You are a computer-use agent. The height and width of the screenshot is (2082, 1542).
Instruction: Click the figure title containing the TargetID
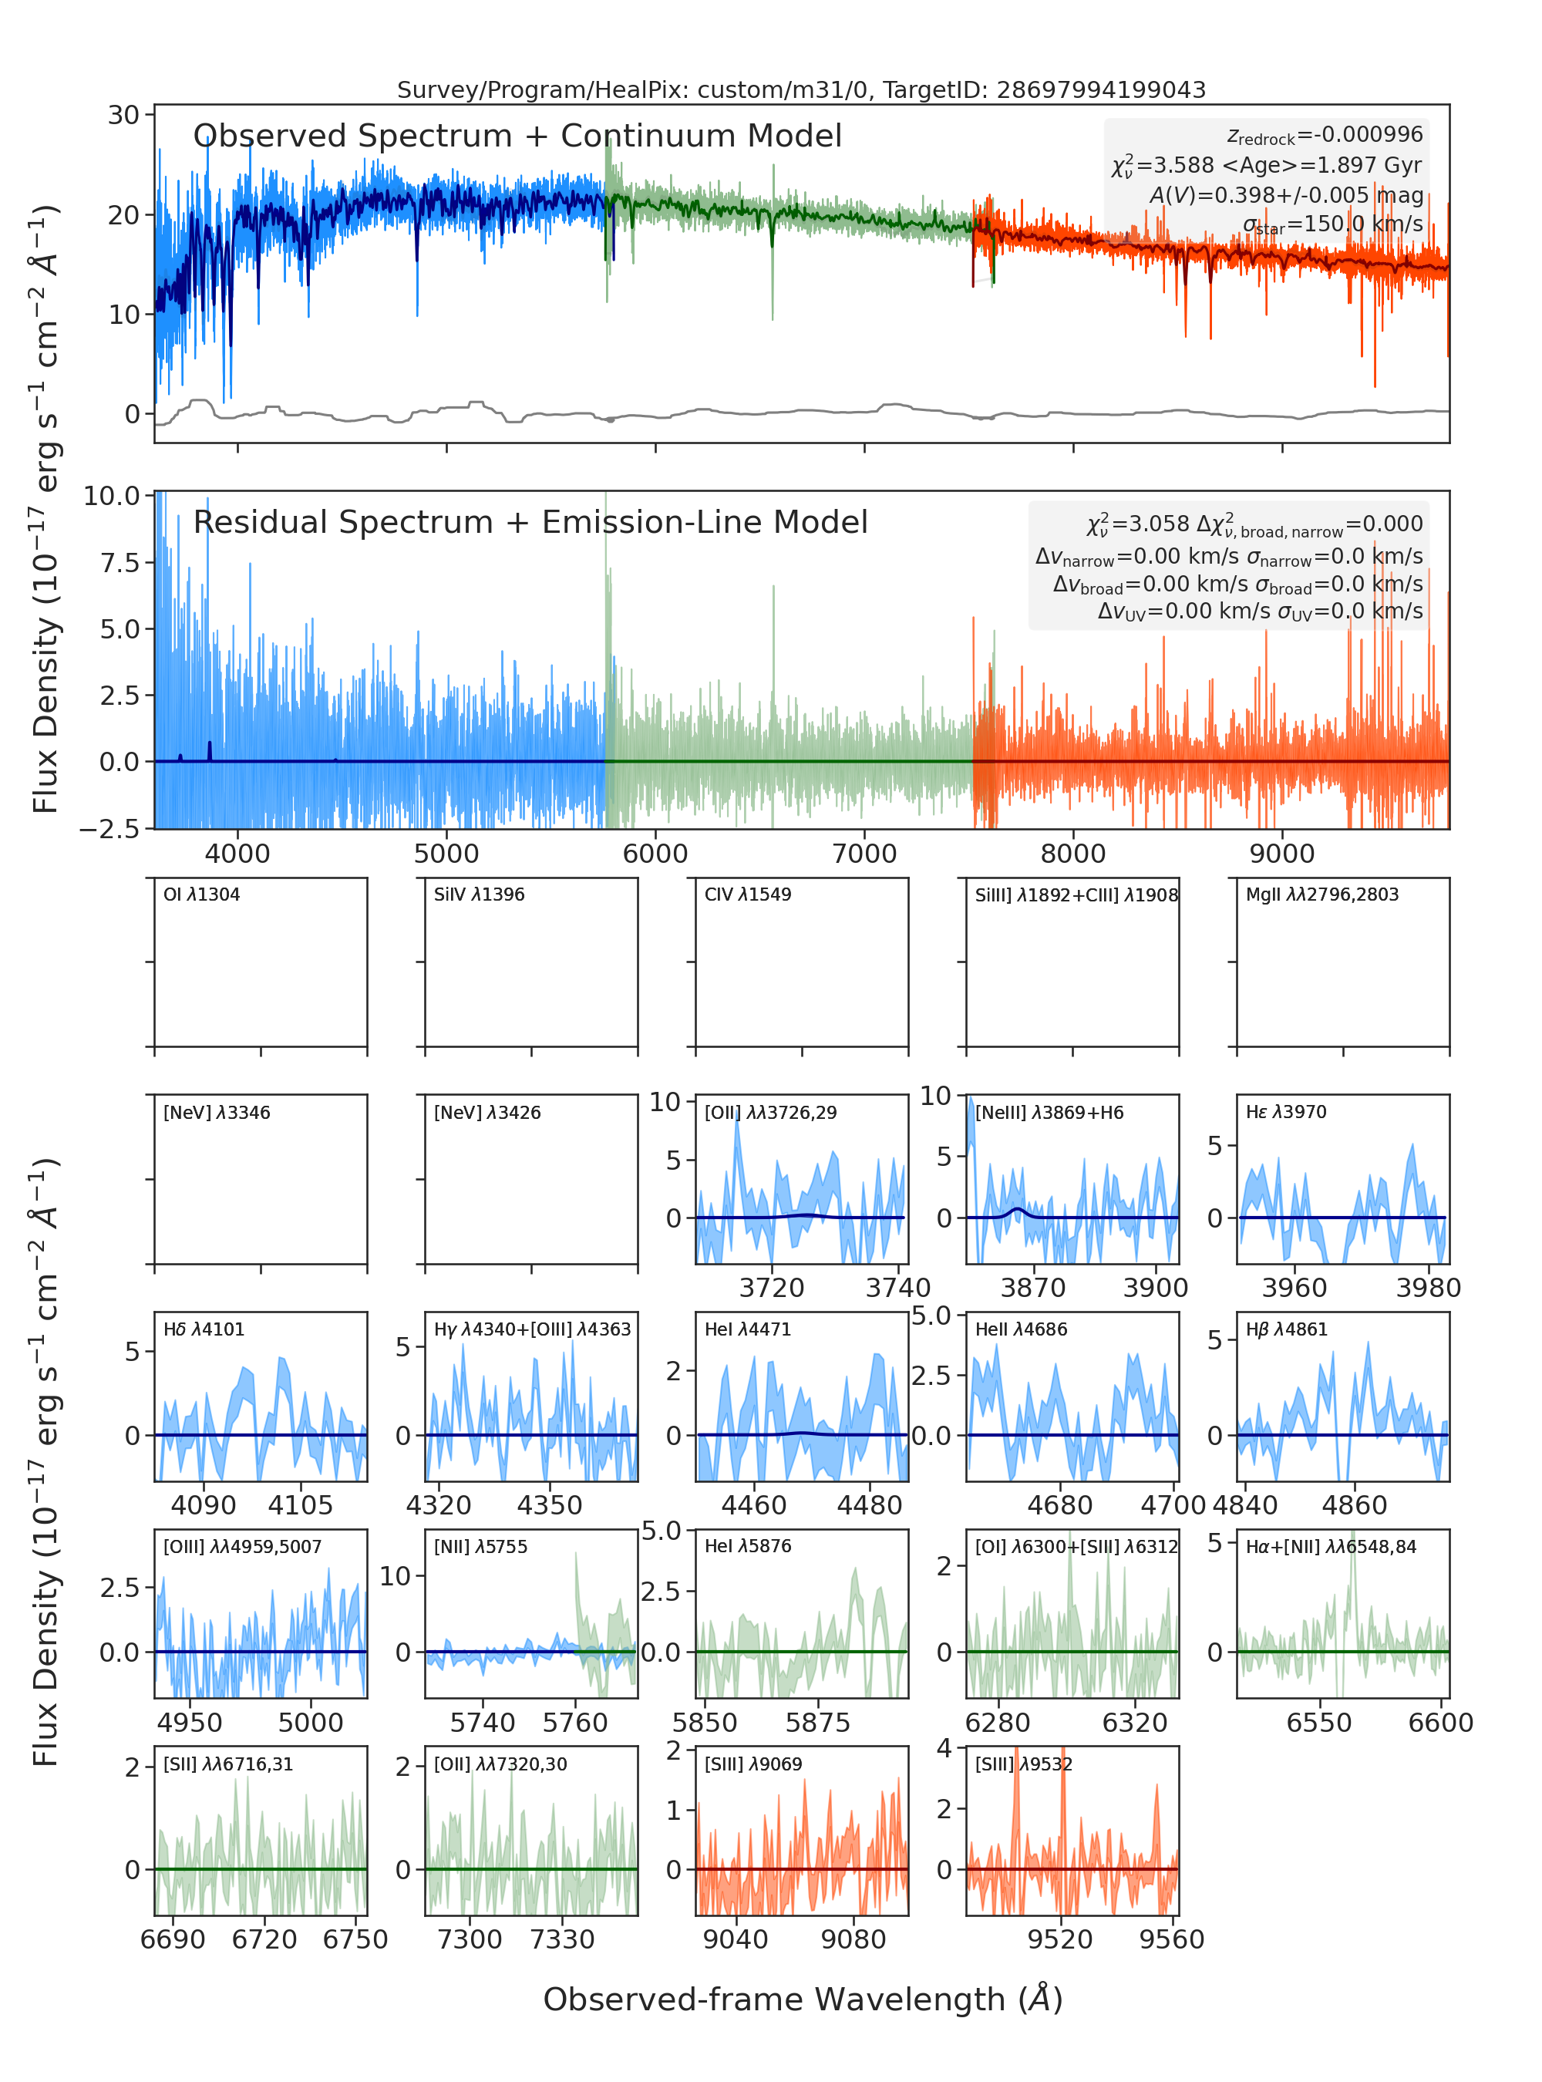point(801,89)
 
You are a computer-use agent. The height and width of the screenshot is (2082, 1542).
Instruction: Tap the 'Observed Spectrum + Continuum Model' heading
point(517,136)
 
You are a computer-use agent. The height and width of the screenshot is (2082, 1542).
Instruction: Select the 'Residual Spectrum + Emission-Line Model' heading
point(530,522)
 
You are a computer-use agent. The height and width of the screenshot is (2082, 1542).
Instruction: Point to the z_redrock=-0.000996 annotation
point(1325,136)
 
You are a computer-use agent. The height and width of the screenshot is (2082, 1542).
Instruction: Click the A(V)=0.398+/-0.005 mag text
point(1286,195)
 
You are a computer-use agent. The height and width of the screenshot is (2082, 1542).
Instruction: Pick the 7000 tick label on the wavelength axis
point(864,854)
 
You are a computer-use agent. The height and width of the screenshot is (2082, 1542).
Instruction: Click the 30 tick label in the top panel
point(123,115)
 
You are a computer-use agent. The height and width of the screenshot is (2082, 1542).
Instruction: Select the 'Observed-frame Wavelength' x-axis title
point(803,1999)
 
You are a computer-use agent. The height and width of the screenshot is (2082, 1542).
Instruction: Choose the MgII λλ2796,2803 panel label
point(1321,894)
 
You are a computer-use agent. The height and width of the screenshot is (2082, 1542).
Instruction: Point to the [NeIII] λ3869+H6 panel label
point(1049,1112)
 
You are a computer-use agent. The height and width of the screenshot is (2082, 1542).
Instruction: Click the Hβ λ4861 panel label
point(1286,1329)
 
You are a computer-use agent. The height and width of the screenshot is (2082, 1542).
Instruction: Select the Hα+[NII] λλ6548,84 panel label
point(1331,1547)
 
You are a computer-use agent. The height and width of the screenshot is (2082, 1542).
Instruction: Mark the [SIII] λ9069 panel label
point(752,1764)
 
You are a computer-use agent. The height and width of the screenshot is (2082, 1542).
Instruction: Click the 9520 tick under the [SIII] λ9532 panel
point(1059,1939)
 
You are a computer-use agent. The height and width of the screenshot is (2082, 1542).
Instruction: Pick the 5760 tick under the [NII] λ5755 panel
point(575,1723)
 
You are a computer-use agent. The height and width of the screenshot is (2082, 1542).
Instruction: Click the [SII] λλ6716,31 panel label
point(227,1764)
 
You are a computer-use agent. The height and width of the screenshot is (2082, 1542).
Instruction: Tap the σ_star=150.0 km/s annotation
point(1333,224)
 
